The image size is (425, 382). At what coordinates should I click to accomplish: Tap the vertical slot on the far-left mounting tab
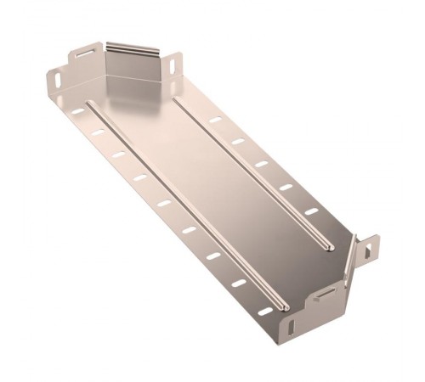(x=56, y=81)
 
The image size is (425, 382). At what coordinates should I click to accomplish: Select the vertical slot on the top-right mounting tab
(x=176, y=63)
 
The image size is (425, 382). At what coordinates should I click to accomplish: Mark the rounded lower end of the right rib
(x=327, y=247)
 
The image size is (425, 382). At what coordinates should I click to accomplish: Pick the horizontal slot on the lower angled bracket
(x=326, y=295)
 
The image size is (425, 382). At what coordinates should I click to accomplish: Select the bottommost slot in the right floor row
(x=311, y=211)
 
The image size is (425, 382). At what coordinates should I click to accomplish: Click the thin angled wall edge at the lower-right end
(x=348, y=262)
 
